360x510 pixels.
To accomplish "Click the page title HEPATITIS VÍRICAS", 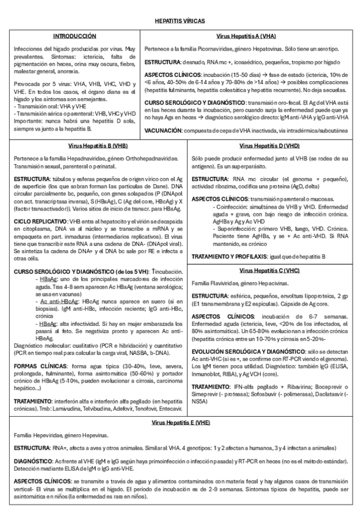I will click(x=180, y=20).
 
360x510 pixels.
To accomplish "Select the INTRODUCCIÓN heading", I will click(x=75, y=36).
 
